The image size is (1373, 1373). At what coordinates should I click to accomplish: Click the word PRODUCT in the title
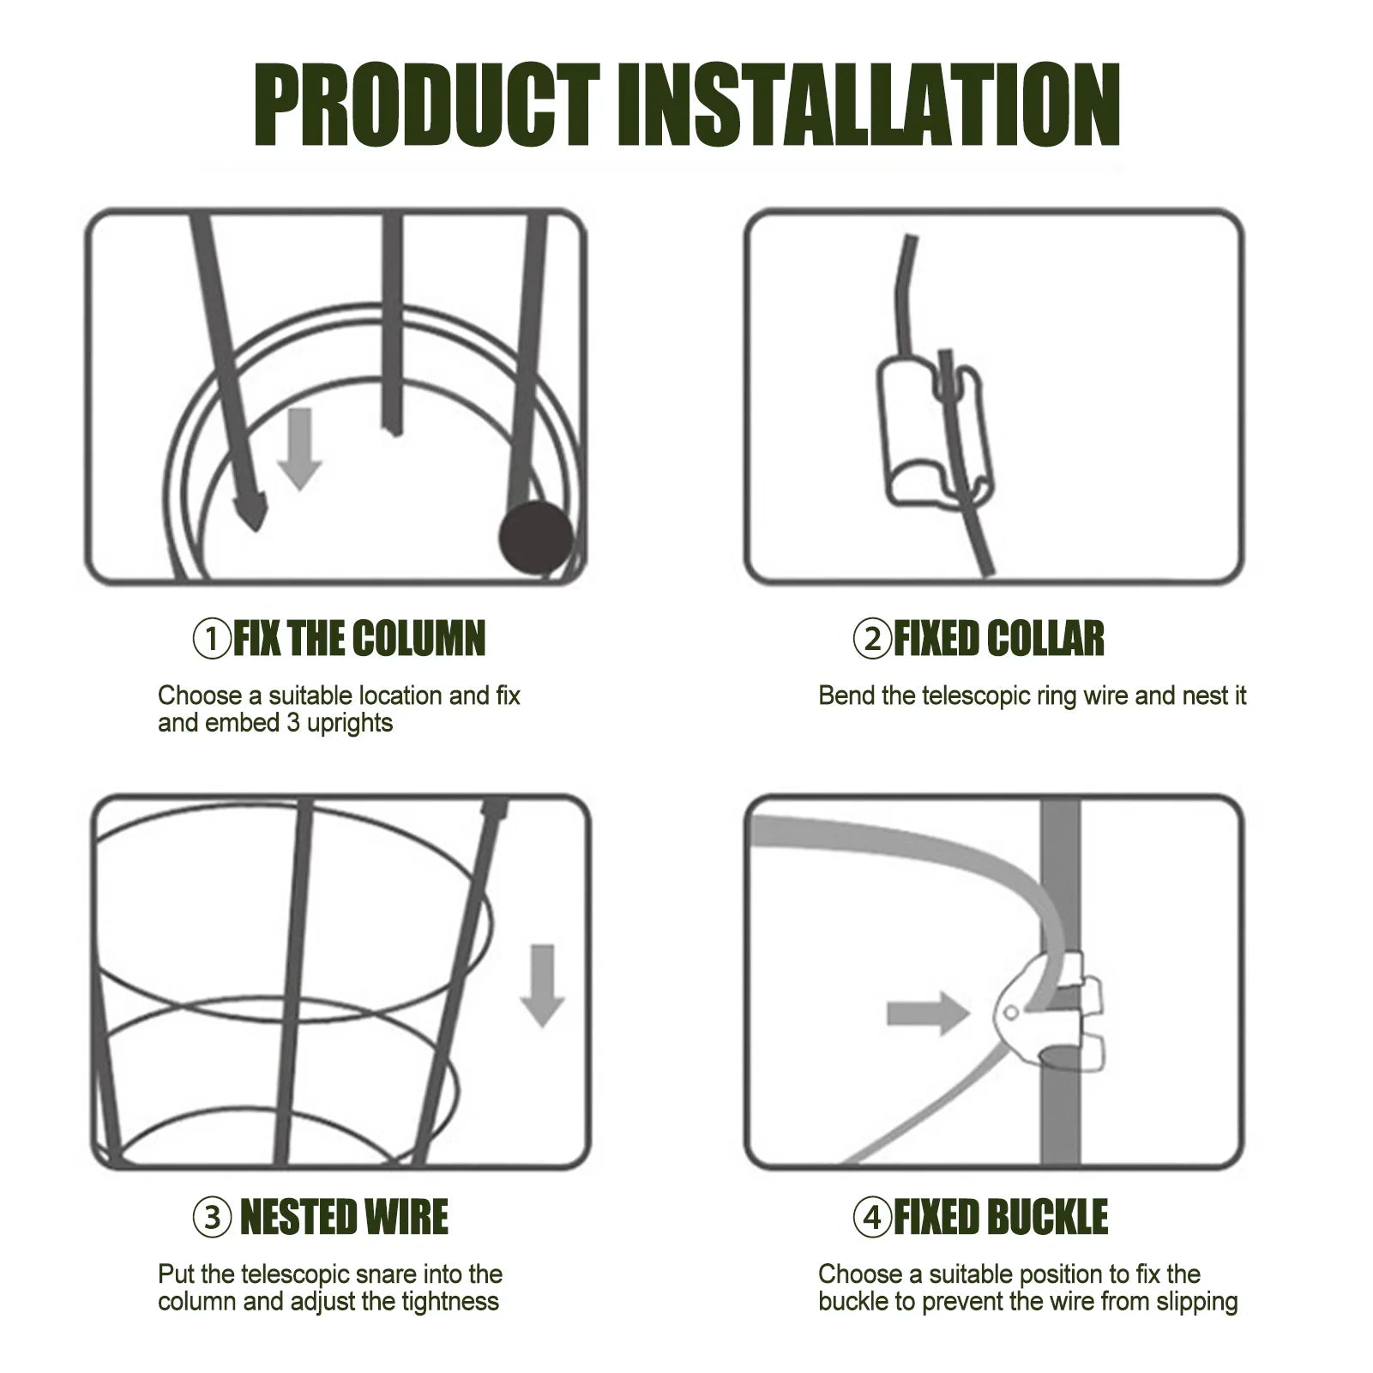click(x=426, y=105)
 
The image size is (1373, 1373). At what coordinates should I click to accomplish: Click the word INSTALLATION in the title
click(x=869, y=105)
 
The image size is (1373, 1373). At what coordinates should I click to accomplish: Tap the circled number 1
click(x=212, y=640)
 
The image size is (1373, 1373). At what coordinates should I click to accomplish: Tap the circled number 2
click(x=872, y=640)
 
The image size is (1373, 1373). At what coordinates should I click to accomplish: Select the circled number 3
click(x=212, y=1218)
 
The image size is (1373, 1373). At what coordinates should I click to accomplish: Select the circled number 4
click(x=872, y=1218)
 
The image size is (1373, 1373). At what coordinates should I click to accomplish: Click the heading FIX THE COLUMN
click(x=359, y=639)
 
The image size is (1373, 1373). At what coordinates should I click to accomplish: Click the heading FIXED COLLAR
click(x=999, y=639)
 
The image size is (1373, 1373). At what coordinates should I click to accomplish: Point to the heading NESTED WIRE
click(x=344, y=1217)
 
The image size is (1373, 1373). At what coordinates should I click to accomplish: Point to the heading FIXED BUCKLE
click(x=1001, y=1217)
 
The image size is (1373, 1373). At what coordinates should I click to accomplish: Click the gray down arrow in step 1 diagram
click(x=299, y=449)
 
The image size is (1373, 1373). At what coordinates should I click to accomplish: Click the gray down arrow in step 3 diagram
click(x=542, y=985)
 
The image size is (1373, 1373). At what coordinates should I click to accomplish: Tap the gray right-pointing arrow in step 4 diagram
click(x=928, y=1014)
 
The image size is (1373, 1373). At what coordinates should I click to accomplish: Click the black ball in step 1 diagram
click(x=536, y=538)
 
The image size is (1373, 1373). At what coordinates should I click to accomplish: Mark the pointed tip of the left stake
click(x=256, y=529)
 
